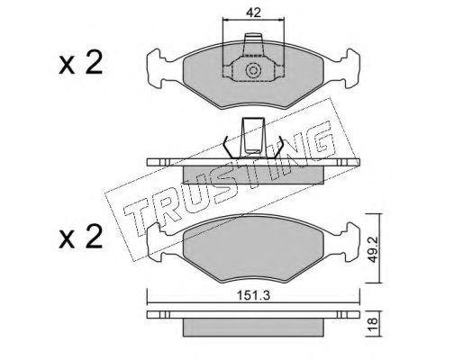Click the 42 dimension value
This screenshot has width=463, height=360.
click(253, 13)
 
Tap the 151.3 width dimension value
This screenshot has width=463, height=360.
click(254, 296)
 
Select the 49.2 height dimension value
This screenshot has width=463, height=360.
click(373, 248)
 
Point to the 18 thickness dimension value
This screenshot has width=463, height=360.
click(373, 324)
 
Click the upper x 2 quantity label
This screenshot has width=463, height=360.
click(81, 63)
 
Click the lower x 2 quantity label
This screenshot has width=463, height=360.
click(81, 238)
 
